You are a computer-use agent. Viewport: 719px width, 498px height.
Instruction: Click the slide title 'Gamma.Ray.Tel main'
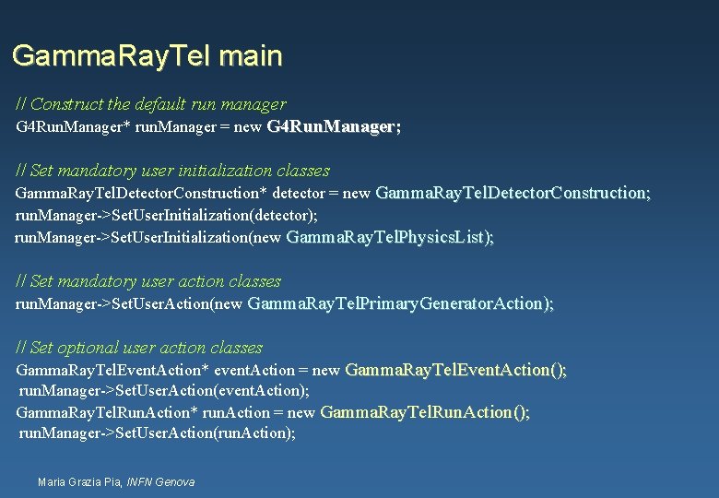point(147,56)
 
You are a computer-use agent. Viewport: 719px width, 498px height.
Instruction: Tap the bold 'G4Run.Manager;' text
point(334,126)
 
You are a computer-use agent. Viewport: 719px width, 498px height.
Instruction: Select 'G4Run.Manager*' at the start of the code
point(73,126)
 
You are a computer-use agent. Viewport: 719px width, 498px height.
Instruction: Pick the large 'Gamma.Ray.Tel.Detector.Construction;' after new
point(513,193)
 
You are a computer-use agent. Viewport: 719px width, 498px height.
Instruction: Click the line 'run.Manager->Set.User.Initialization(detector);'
point(167,215)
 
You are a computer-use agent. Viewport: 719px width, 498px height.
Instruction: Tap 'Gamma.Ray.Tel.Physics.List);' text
point(391,237)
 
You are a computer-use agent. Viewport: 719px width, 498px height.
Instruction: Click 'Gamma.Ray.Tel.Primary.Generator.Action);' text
point(401,303)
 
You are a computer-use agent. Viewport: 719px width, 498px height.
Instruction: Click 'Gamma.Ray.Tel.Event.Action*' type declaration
point(112,370)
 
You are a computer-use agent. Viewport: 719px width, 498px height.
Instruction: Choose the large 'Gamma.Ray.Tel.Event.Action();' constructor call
point(455,370)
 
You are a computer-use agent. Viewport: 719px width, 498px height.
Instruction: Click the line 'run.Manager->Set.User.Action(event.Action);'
point(164,391)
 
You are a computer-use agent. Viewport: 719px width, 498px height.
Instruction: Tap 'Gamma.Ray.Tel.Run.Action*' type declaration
point(106,412)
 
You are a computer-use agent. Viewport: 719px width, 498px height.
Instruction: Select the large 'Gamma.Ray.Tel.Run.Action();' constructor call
point(425,412)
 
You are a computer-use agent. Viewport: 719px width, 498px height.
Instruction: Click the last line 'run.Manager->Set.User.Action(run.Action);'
point(158,433)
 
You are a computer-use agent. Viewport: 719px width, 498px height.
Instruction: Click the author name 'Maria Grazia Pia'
point(79,481)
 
